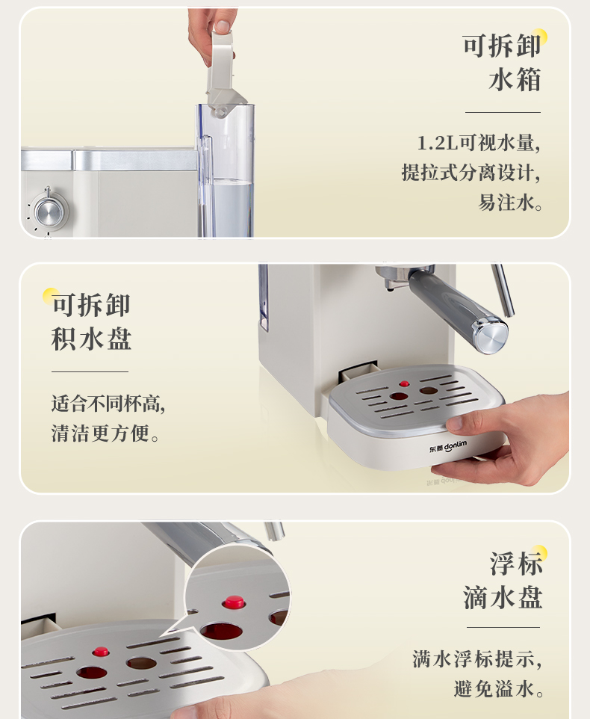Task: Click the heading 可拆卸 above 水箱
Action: pyautogui.click(x=502, y=46)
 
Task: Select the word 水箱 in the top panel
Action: pyautogui.click(x=515, y=80)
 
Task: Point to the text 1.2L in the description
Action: pyautogui.click(x=438, y=143)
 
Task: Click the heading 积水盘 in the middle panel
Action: pyautogui.click(x=91, y=339)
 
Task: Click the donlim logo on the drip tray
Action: pyautogui.click(x=448, y=446)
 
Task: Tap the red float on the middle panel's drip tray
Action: pyautogui.click(x=404, y=384)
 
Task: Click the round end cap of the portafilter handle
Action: pyautogui.click(x=491, y=336)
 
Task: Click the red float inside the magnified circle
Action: pyautogui.click(x=234, y=602)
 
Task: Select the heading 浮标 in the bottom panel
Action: pyautogui.click(x=516, y=564)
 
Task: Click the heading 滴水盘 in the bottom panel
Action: pyautogui.click(x=503, y=597)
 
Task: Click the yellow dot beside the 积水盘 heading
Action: pyautogui.click(x=50, y=296)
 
